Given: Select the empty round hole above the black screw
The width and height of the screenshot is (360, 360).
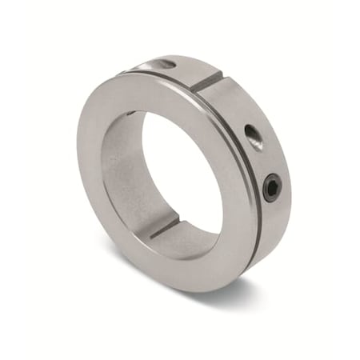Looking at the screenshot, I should [253, 136].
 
